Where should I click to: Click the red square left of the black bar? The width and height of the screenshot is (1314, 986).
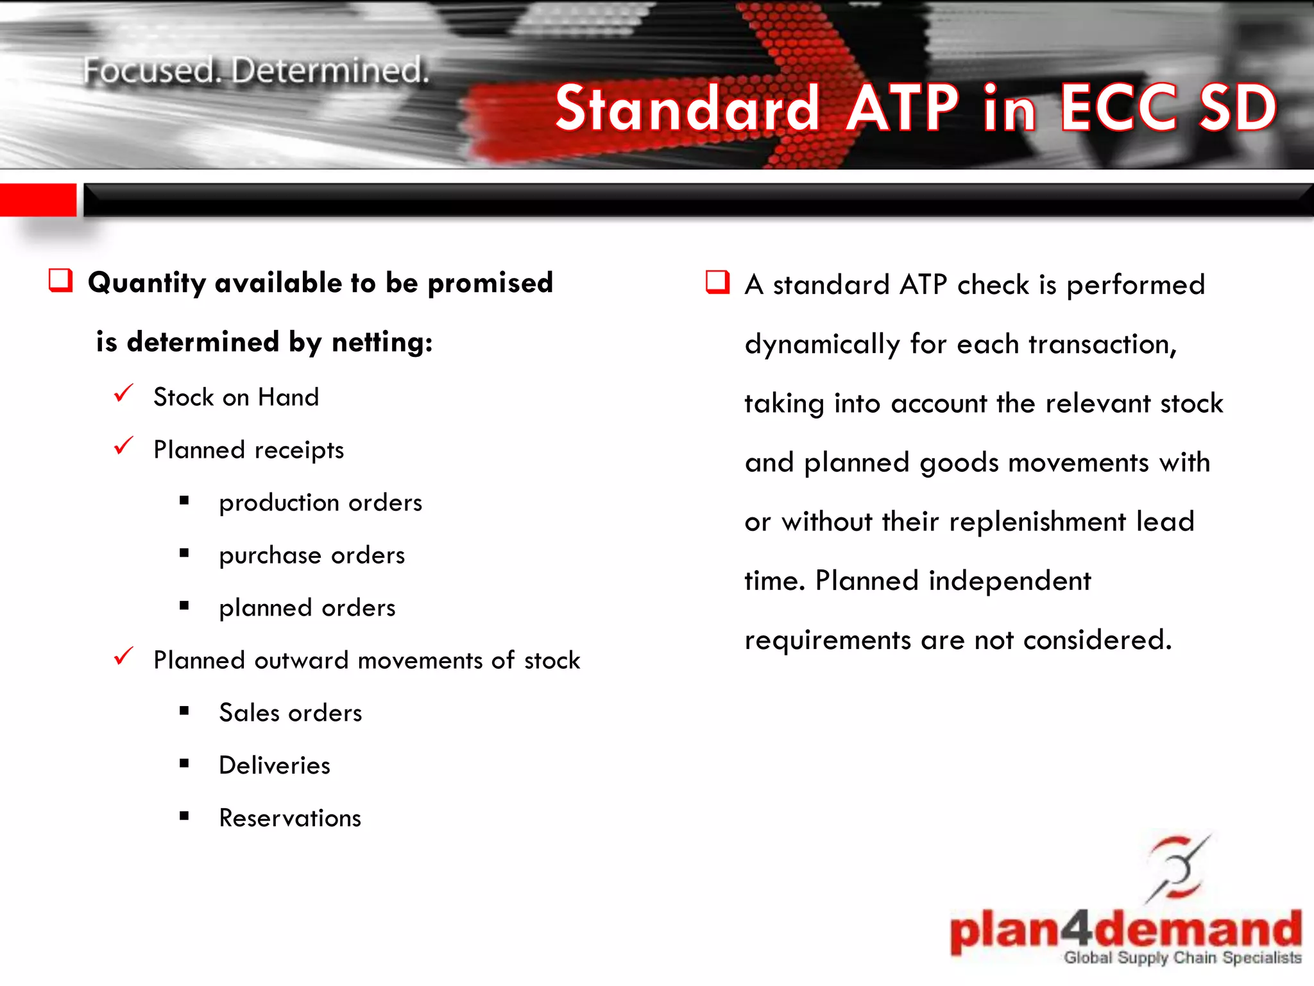pos(38,200)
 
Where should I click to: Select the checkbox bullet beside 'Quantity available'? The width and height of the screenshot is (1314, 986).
pos(61,281)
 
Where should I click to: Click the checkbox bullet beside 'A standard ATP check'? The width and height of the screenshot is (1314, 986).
pos(717,282)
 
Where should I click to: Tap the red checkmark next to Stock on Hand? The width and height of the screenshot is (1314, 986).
pos(123,394)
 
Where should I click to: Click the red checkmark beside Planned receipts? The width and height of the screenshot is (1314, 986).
pos(123,446)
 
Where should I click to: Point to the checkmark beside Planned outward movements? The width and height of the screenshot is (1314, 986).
pos(123,657)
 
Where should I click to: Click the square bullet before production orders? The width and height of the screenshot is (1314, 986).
pos(185,501)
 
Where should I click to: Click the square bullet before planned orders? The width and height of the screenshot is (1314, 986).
pos(185,605)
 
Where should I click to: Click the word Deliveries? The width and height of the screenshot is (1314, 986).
pos(275,766)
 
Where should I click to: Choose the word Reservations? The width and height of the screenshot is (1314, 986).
pos(290,818)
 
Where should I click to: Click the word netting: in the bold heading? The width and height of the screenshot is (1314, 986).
pos(382,342)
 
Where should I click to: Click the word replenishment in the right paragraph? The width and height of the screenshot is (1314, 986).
pos(1037,522)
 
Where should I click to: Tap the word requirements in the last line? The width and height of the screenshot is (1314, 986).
pos(828,641)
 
